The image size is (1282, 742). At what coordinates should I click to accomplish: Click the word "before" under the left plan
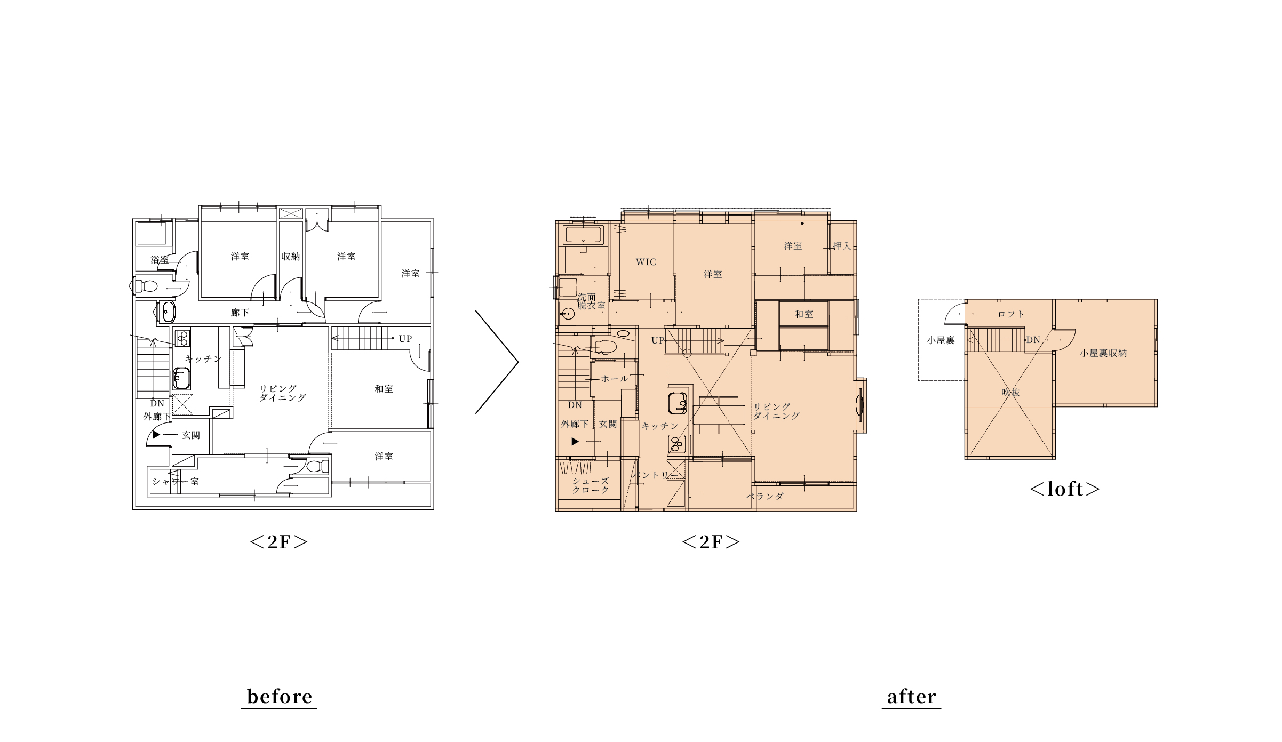(x=280, y=697)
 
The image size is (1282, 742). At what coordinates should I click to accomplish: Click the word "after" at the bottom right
(x=911, y=697)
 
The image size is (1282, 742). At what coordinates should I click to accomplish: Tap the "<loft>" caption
(x=1064, y=489)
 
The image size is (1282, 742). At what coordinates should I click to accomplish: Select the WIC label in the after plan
(x=646, y=262)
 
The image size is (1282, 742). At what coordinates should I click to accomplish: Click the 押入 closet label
(x=842, y=246)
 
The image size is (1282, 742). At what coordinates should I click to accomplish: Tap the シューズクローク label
(x=591, y=485)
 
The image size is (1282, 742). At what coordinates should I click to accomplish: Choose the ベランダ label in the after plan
(x=765, y=496)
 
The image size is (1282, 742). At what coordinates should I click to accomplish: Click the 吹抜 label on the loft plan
(x=1010, y=393)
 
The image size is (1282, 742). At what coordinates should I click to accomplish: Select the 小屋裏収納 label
(x=1103, y=353)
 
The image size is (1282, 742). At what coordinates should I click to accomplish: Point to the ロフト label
(x=1011, y=314)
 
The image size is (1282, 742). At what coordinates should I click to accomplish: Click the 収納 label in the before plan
(x=291, y=257)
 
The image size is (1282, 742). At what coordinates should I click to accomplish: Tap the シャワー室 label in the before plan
(x=176, y=482)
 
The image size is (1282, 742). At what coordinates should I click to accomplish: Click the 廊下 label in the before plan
(x=240, y=313)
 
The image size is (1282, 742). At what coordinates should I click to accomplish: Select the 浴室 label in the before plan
(x=160, y=260)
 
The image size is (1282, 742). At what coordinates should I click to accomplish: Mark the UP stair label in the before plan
(x=405, y=339)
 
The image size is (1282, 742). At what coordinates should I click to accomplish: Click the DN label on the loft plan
(x=1033, y=340)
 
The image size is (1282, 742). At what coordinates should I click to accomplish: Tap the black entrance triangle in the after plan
(x=575, y=442)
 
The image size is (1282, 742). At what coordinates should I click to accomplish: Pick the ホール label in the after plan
(x=615, y=379)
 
